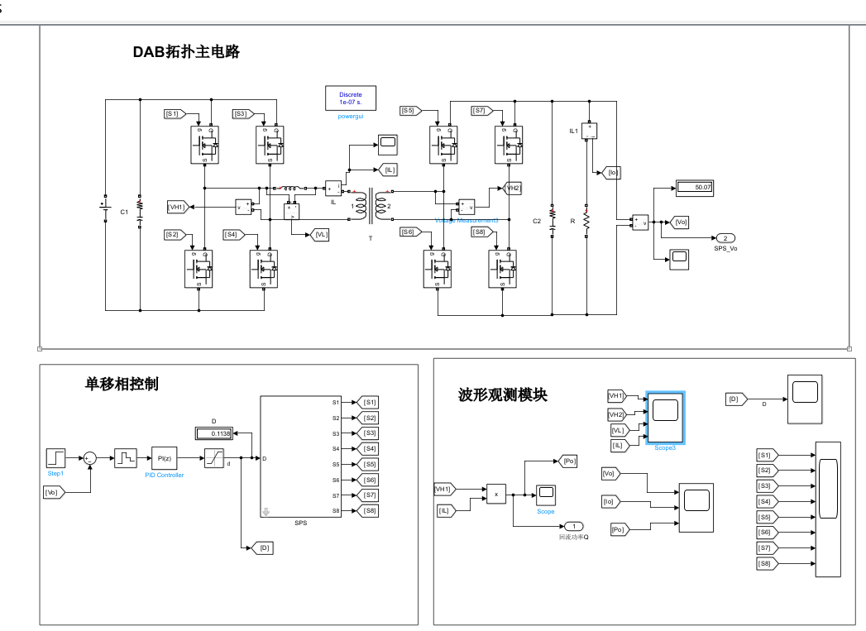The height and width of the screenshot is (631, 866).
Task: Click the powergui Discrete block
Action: pos(350,98)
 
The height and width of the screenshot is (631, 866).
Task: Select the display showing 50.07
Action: pos(693,187)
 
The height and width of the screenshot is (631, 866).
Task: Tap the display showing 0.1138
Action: pos(214,433)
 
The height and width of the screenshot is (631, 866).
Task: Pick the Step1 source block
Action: pos(55,457)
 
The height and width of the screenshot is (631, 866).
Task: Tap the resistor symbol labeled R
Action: pos(586,221)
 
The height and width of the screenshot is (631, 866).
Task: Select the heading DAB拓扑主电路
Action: pos(186,52)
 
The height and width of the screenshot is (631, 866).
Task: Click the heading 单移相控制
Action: pos(122,384)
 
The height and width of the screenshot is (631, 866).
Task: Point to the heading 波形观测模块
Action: pos(502,395)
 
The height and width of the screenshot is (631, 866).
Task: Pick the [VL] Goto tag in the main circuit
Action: pos(321,235)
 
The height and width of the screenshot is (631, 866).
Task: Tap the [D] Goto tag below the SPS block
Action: pos(264,547)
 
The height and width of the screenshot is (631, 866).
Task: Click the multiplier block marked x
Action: pos(496,494)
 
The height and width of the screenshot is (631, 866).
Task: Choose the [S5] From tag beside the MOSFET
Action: pos(410,110)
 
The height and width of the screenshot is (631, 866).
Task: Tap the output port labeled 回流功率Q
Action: pos(574,526)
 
